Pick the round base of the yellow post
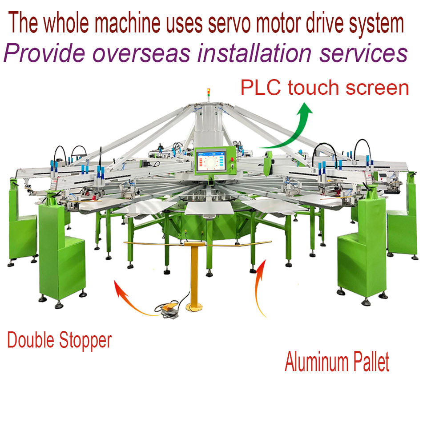pos(194,307)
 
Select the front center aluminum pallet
pos(209,208)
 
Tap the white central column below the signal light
pos(209,125)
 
